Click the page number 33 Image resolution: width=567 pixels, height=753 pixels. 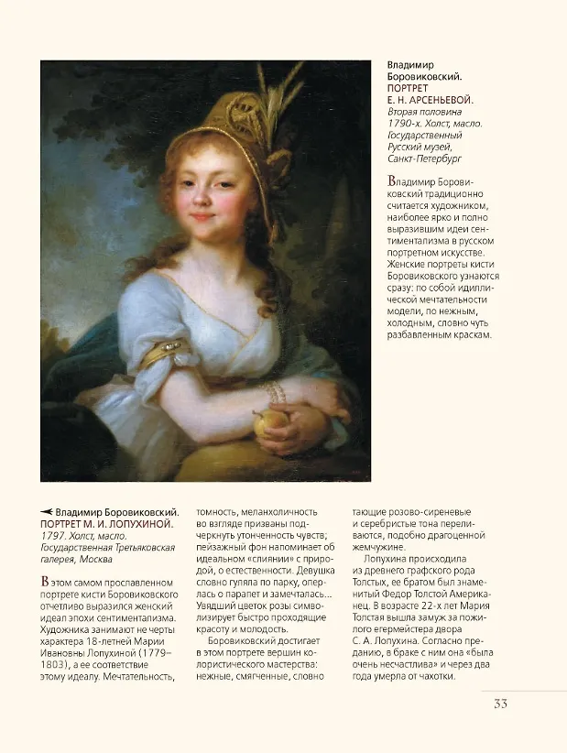tap(500, 704)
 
